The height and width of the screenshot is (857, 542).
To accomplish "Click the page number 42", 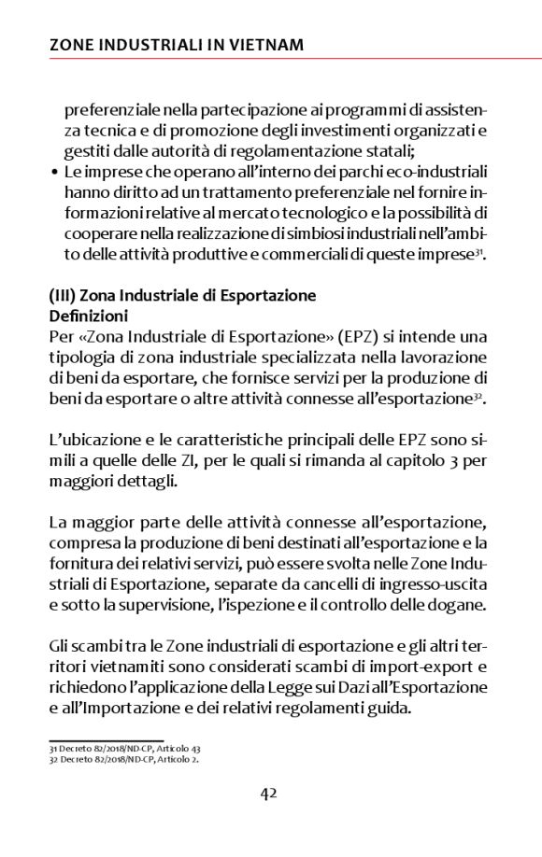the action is click(269, 794).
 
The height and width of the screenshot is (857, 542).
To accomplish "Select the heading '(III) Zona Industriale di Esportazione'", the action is click(182, 296).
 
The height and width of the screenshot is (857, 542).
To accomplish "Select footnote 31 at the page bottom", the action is click(123, 750).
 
